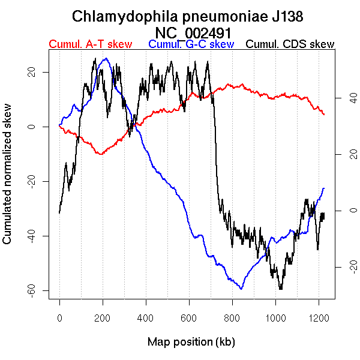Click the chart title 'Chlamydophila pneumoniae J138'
pyautogui.click(x=191, y=16)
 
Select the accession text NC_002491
pyautogui.click(x=191, y=32)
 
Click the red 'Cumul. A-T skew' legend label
pyautogui.click(x=90, y=44)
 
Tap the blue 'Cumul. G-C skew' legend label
pyautogui.click(x=191, y=44)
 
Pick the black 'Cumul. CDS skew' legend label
pyautogui.click(x=290, y=44)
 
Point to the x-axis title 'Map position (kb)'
pyautogui.click(x=191, y=342)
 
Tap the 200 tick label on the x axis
pyautogui.click(x=103, y=317)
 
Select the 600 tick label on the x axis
pyautogui.click(x=189, y=317)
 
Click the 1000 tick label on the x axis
pyautogui.click(x=275, y=317)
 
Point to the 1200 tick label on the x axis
pyautogui.click(x=318, y=317)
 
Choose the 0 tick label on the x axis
pyautogui.click(x=59, y=317)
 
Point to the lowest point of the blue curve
pyautogui.click(x=241, y=289)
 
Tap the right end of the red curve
pyautogui.click(x=324, y=114)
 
